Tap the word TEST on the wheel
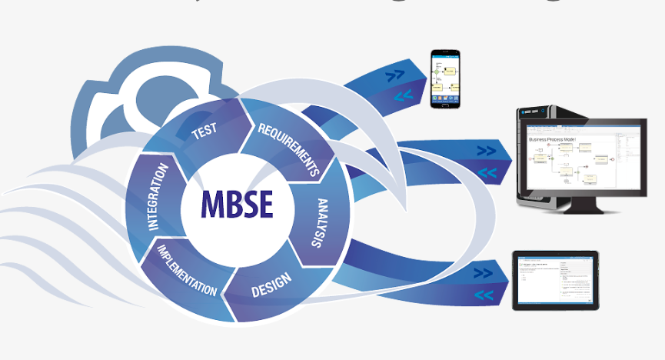(204, 131)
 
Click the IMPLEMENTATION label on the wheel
(188, 271)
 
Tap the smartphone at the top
(444, 78)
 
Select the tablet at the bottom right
(555, 280)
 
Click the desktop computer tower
(537, 154)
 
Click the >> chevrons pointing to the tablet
(483, 272)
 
